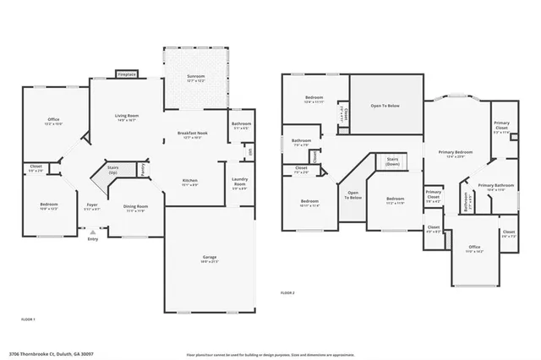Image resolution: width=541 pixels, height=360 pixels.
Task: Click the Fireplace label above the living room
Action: click(127, 74)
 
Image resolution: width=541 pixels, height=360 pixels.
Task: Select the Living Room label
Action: click(127, 117)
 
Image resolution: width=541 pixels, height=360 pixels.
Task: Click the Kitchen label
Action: click(190, 180)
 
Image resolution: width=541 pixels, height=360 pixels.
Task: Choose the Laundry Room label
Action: click(239, 184)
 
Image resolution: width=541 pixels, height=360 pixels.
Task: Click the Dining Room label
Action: click(136, 206)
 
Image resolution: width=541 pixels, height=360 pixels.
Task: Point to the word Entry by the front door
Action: click(92, 239)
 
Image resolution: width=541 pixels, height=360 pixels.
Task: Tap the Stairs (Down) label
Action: click(392, 161)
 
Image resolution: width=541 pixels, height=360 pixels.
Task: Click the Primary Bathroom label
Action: click(495, 187)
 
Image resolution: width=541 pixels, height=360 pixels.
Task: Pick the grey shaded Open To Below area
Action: click(386, 106)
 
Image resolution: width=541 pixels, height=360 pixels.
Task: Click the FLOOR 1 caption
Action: click(28, 319)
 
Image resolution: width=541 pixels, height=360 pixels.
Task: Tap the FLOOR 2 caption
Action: click(288, 292)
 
